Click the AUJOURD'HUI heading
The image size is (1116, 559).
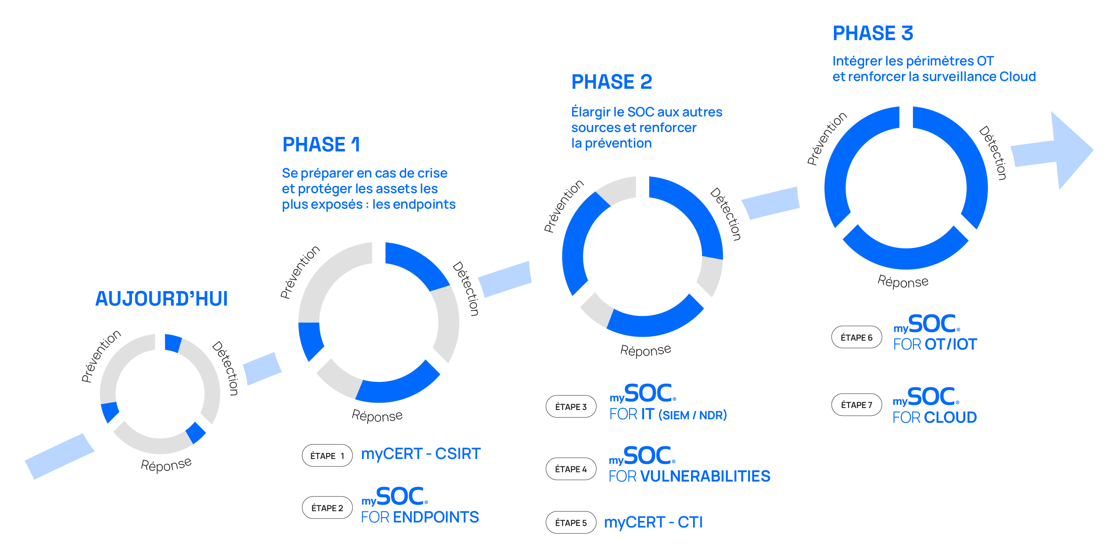[161, 298]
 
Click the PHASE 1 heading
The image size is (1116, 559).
[321, 144]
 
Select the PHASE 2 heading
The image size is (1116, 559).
[612, 82]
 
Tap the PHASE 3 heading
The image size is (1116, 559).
[873, 33]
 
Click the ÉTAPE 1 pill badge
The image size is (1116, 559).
[327, 455]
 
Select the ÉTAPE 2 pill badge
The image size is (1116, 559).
[327, 508]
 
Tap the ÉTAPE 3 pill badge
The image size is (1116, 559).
[571, 406]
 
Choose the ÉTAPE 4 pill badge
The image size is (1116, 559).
[571, 469]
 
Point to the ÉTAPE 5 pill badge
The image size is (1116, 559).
[571, 522]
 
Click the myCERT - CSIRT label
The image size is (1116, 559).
[421, 454]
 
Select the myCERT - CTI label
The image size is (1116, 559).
[653, 522]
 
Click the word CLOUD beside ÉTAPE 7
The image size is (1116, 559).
[950, 417]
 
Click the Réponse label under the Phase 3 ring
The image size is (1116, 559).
[903, 281]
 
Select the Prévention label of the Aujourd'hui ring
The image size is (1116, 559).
[101, 356]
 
